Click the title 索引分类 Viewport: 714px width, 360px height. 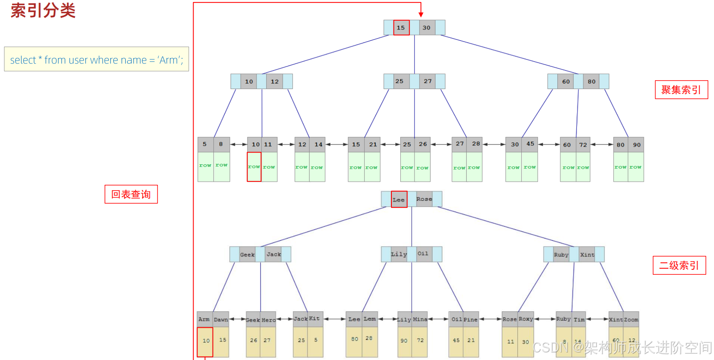click(43, 11)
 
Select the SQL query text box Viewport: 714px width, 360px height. click(97, 59)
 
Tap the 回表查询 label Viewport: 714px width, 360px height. click(131, 194)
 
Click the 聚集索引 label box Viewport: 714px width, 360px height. click(681, 90)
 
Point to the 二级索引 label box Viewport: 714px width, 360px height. click(679, 265)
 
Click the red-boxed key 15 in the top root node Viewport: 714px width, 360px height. click(401, 28)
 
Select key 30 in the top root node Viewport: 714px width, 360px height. click(427, 28)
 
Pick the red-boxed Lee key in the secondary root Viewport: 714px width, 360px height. click(399, 200)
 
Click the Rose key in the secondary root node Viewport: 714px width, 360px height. click(424, 199)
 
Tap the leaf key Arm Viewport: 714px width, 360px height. click(204, 319)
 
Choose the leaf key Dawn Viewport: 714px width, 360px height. click(221, 320)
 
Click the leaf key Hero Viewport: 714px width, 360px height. click(269, 320)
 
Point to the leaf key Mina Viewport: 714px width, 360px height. click(420, 319)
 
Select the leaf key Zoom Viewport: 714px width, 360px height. click(631, 320)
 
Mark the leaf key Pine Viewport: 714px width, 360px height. click(471, 320)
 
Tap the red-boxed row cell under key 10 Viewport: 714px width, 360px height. click(254, 167)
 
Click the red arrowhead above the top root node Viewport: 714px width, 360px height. click(421, 15)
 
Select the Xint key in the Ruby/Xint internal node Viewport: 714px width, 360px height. click(587, 255)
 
